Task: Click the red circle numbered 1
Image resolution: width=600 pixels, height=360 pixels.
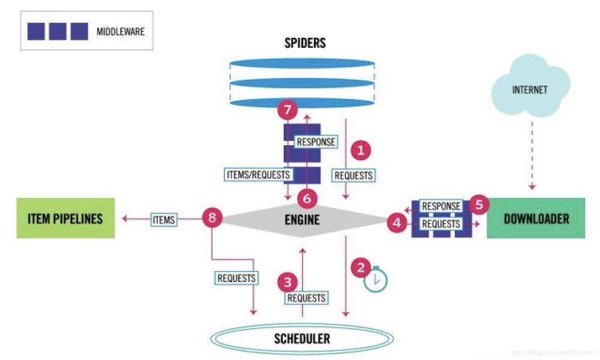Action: tap(361, 150)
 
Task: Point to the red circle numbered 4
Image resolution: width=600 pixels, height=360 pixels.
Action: tap(396, 223)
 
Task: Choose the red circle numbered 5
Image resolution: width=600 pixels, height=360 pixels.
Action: tap(478, 204)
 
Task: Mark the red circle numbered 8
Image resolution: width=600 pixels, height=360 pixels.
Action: tap(212, 217)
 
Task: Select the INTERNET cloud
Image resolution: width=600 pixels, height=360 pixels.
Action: tap(530, 90)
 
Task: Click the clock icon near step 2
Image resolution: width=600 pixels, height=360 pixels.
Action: tap(376, 279)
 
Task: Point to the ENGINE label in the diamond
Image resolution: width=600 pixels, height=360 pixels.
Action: tap(302, 220)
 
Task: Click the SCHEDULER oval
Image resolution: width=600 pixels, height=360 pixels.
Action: tap(302, 339)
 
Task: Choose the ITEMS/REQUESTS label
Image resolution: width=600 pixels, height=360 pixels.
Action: tap(257, 175)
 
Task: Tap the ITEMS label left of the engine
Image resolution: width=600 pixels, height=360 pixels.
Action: tap(163, 220)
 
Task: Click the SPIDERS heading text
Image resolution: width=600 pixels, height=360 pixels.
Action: tap(305, 43)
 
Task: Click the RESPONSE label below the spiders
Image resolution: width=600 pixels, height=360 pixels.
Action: tap(316, 143)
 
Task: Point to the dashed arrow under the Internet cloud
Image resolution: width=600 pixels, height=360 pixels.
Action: tap(530, 153)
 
